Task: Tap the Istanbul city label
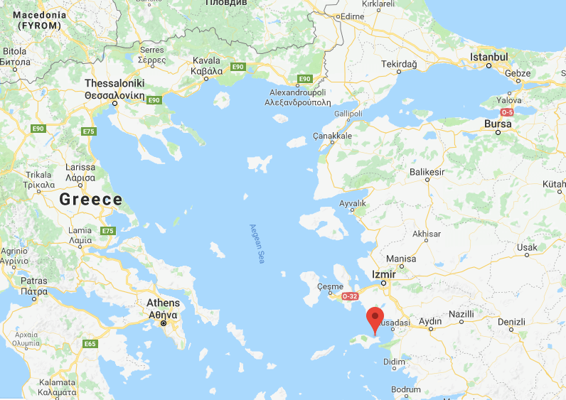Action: [x=489, y=57]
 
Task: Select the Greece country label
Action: [x=91, y=200]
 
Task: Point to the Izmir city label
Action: [x=384, y=274]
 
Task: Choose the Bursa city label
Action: [x=498, y=124]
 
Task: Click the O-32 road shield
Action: [x=350, y=296]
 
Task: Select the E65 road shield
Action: [x=90, y=344]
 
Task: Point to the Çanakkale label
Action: [x=334, y=136]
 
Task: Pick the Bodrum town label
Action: [x=407, y=390]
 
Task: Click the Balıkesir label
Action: [x=427, y=172]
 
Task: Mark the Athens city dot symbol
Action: [x=163, y=323]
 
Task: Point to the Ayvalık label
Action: [x=353, y=203]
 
